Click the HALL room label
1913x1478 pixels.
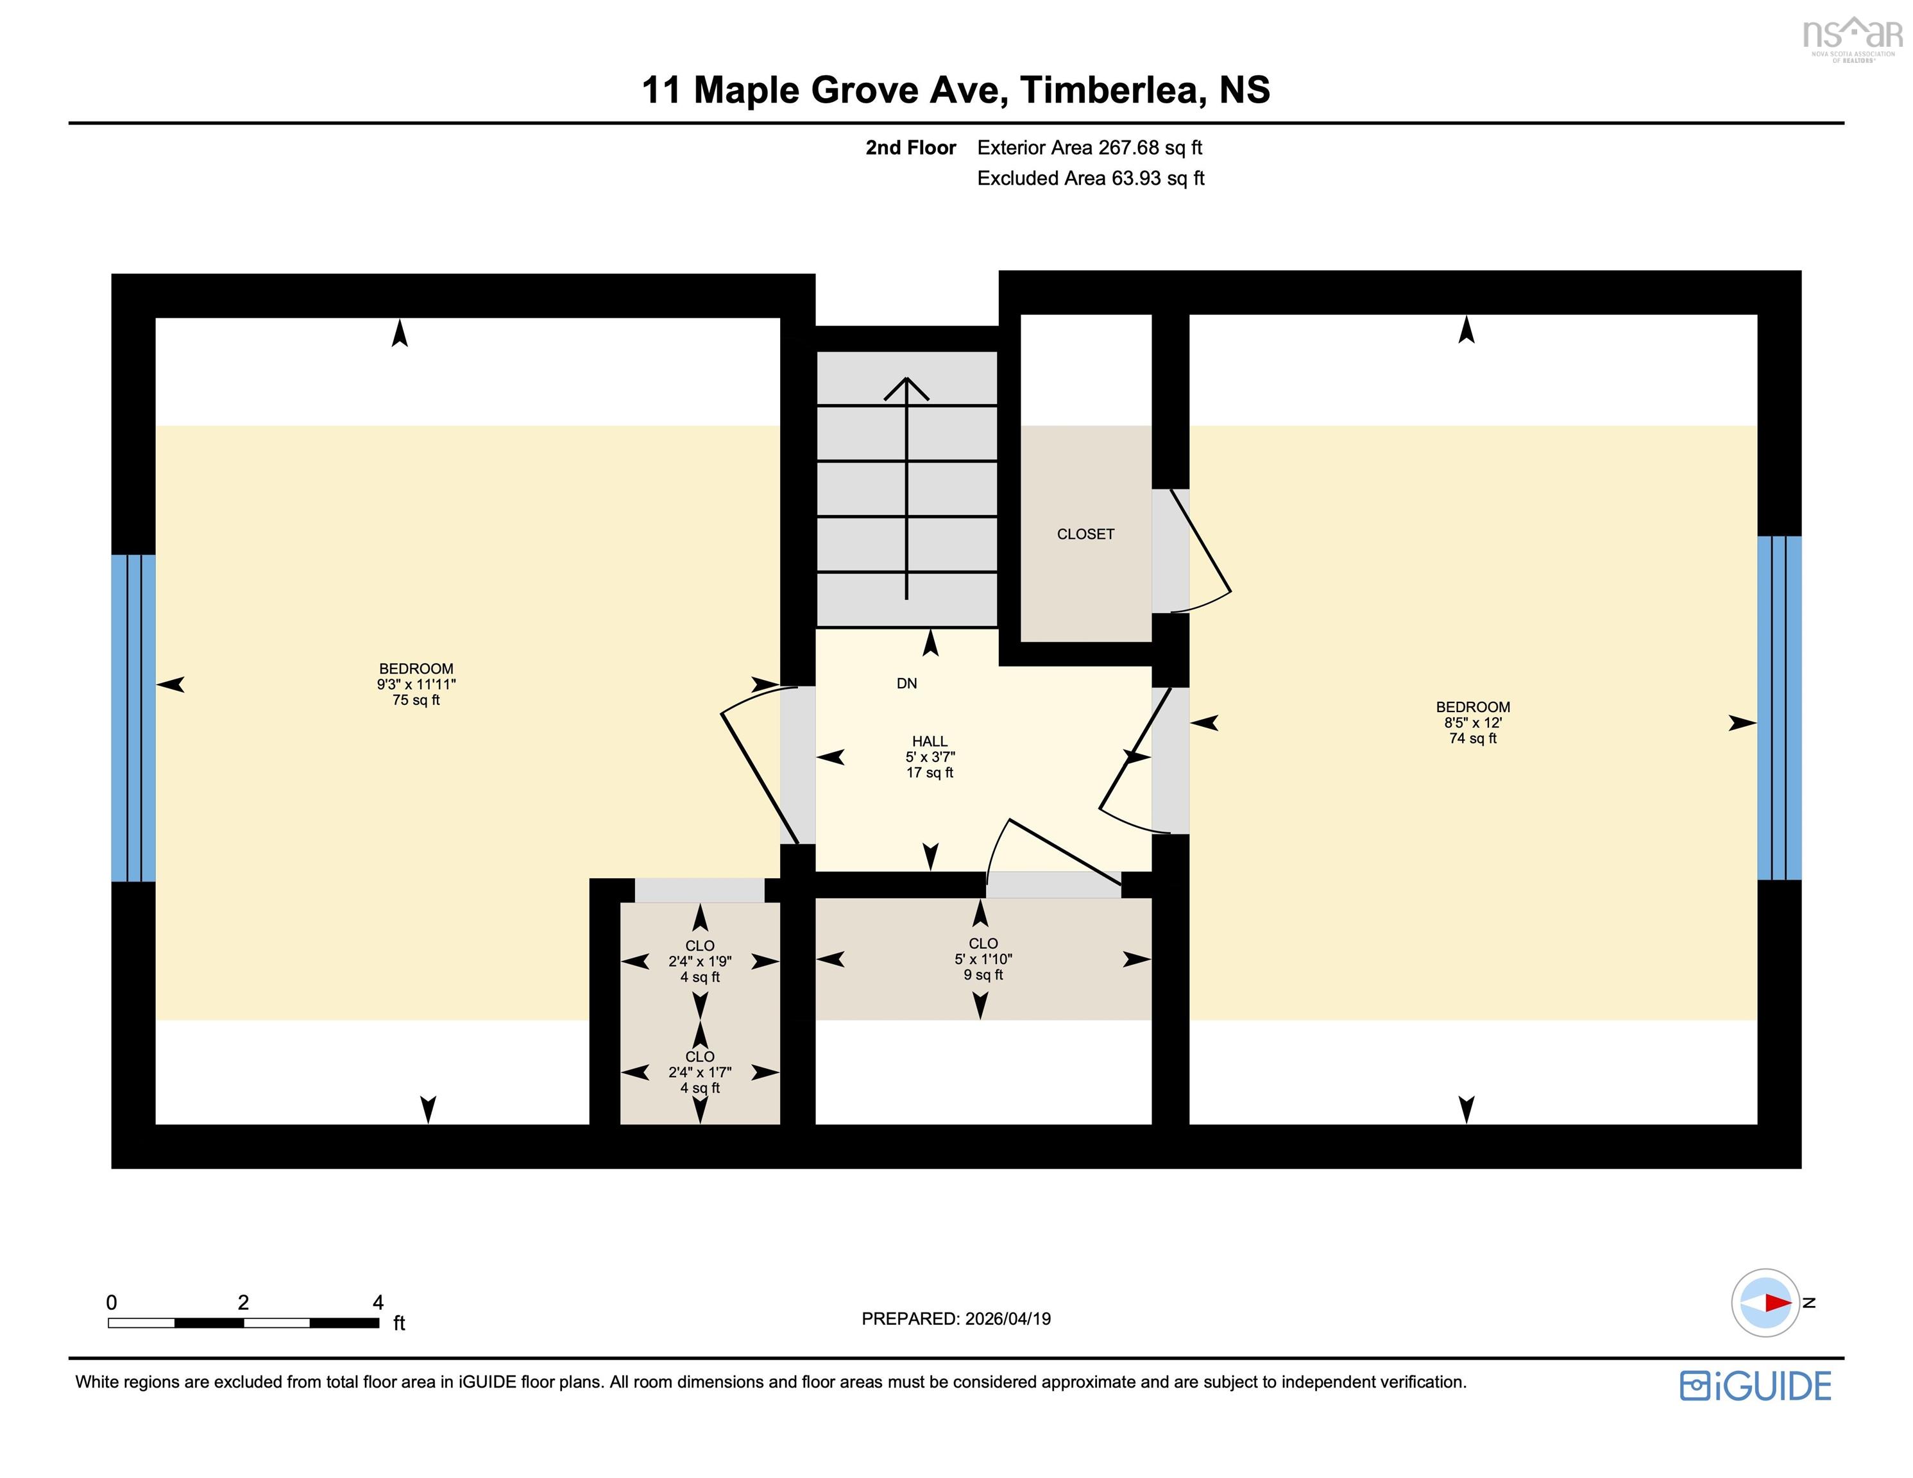point(930,741)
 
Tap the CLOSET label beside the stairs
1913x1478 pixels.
point(1085,534)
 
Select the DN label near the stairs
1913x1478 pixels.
point(906,683)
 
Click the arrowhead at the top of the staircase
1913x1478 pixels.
point(906,388)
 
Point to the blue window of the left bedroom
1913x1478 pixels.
point(133,718)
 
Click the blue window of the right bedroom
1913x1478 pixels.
point(1779,708)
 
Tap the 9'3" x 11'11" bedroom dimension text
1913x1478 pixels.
point(416,684)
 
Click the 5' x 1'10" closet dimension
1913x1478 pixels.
point(983,959)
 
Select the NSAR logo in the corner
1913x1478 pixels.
point(1853,38)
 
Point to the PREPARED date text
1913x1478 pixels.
point(956,1318)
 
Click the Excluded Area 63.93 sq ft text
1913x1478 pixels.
point(1091,178)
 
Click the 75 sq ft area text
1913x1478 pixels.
point(416,700)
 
